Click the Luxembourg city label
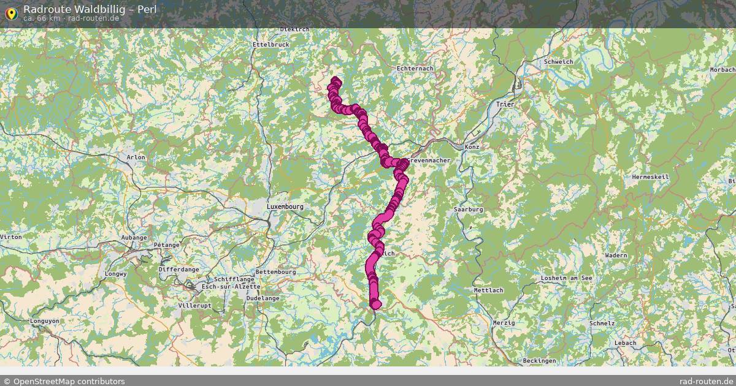[285, 207]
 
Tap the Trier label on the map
[505, 105]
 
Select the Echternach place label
[415, 69]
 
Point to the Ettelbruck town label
[270, 45]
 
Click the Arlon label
[136, 157]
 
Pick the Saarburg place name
[469, 210]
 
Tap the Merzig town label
[504, 322]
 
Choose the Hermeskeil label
[650, 177]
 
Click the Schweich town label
[558, 62]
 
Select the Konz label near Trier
[472, 147]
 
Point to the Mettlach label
[488, 290]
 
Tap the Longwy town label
[115, 274]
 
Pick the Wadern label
[616, 255]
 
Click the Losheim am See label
[567, 279]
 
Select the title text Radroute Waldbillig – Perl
[90, 9]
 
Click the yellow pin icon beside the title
[10, 12]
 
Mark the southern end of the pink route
[376, 304]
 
